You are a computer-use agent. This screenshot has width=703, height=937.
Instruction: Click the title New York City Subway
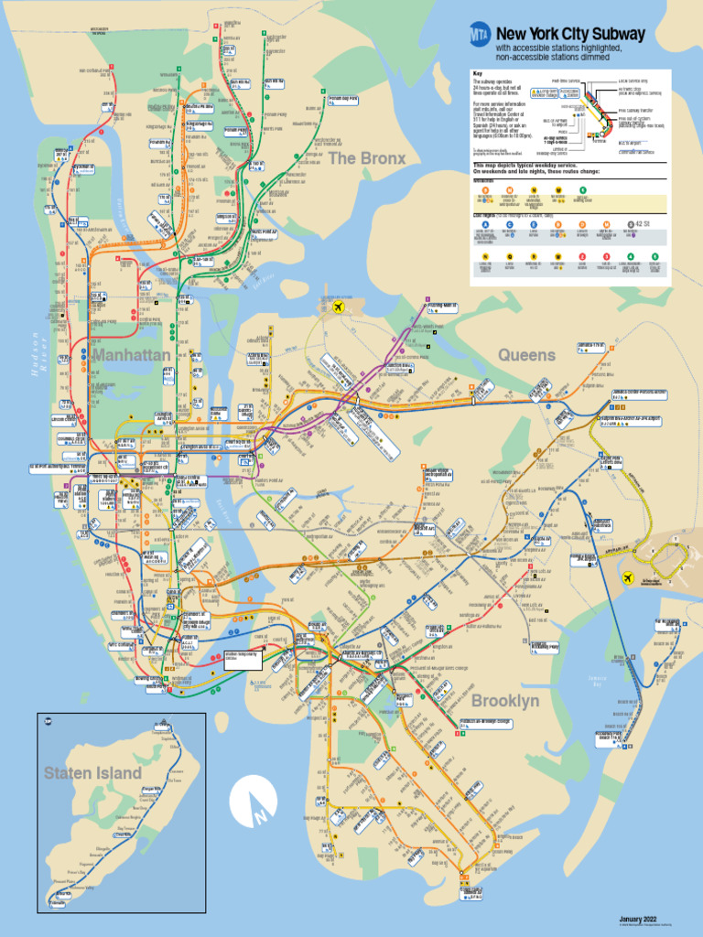tap(570, 34)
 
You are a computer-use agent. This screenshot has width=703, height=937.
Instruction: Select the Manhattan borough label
tap(131, 354)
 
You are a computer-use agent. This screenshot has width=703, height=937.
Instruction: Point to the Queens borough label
tap(526, 354)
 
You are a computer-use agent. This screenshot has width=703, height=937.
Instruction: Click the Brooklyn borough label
tap(505, 701)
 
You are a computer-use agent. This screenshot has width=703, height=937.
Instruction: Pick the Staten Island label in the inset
tap(93, 773)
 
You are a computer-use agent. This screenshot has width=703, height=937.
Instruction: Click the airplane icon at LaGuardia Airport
tap(341, 307)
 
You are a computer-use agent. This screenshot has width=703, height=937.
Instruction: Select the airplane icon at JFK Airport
tap(629, 578)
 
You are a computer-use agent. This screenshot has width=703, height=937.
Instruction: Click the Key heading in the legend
tap(477, 73)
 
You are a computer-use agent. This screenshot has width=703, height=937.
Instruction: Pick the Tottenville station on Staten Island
tap(59, 902)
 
